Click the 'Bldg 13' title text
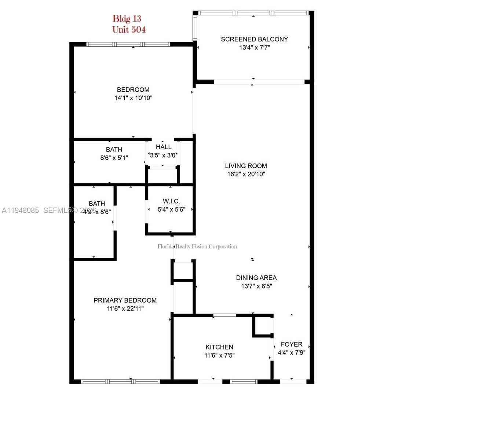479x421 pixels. (127, 18)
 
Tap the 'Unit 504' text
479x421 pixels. (129, 30)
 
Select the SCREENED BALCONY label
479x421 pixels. (254, 39)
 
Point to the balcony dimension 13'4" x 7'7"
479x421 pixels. (255, 47)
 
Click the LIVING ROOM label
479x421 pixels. (246, 166)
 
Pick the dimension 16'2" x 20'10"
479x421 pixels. (246, 174)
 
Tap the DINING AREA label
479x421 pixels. (256, 278)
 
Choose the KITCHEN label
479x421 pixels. (219, 347)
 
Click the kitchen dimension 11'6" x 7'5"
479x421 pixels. (219, 355)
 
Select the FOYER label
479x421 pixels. (292, 344)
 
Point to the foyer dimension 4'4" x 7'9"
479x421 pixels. (291, 352)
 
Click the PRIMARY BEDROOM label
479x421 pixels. (125, 300)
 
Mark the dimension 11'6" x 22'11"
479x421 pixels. (125, 308)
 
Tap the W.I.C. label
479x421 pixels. (171, 201)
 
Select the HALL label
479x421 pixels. (164, 147)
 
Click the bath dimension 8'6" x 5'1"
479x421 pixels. (114, 158)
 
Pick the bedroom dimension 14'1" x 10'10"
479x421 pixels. (133, 98)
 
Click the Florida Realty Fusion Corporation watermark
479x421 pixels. (197, 246)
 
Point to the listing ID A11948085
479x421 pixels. (20, 210)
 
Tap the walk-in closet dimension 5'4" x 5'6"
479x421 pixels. (171, 209)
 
